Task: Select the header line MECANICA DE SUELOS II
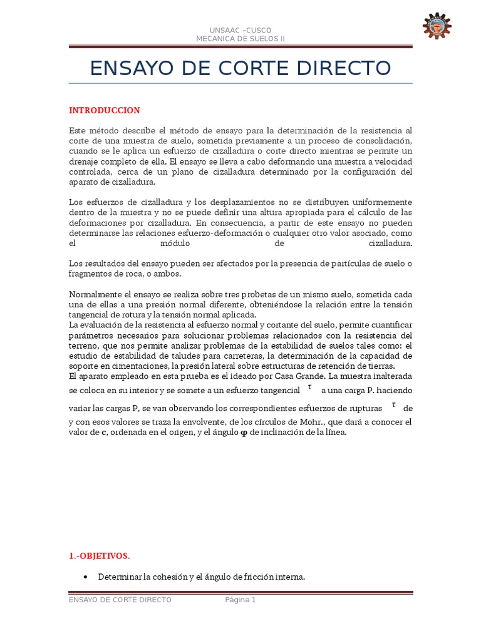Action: coord(241,39)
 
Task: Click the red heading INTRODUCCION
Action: coord(105,111)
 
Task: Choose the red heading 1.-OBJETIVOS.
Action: coord(100,556)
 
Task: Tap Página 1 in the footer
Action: coord(240,600)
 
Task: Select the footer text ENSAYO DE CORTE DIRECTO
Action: coord(120,600)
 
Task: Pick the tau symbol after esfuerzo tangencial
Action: coord(310,387)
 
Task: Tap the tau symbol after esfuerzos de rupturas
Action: coord(393,405)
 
